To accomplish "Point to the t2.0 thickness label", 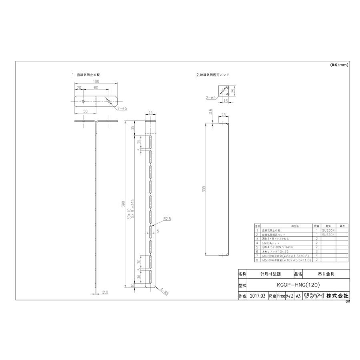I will (104, 292).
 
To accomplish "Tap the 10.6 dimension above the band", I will (211, 114).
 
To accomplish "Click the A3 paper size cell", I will (298, 296).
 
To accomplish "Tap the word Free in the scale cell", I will (280, 296).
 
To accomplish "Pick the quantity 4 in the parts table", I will (316, 256).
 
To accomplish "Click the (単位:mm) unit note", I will (339, 64).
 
